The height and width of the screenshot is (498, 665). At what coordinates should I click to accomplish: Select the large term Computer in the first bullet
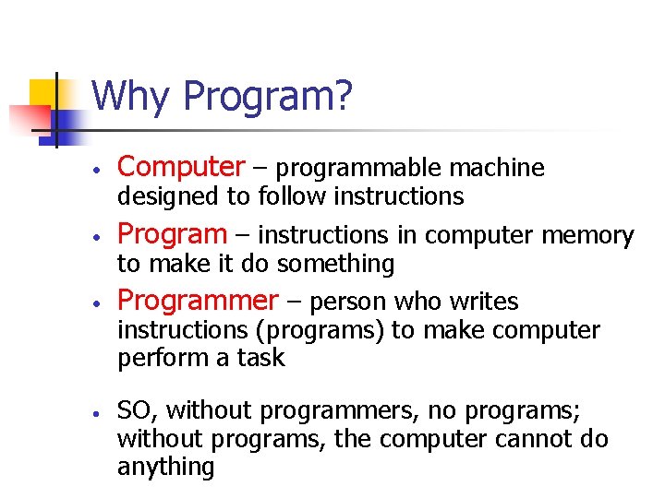[x=181, y=167]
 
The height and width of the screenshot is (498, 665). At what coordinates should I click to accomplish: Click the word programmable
[x=359, y=169]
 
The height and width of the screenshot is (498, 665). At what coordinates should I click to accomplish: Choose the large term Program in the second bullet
[x=172, y=234]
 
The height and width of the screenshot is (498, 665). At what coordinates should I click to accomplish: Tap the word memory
[x=587, y=236]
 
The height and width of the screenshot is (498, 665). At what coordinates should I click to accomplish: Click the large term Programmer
[x=198, y=301]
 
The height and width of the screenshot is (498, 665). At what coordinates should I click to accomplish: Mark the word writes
[x=485, y=302]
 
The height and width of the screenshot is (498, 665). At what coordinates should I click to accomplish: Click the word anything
[x=165, y=468]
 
